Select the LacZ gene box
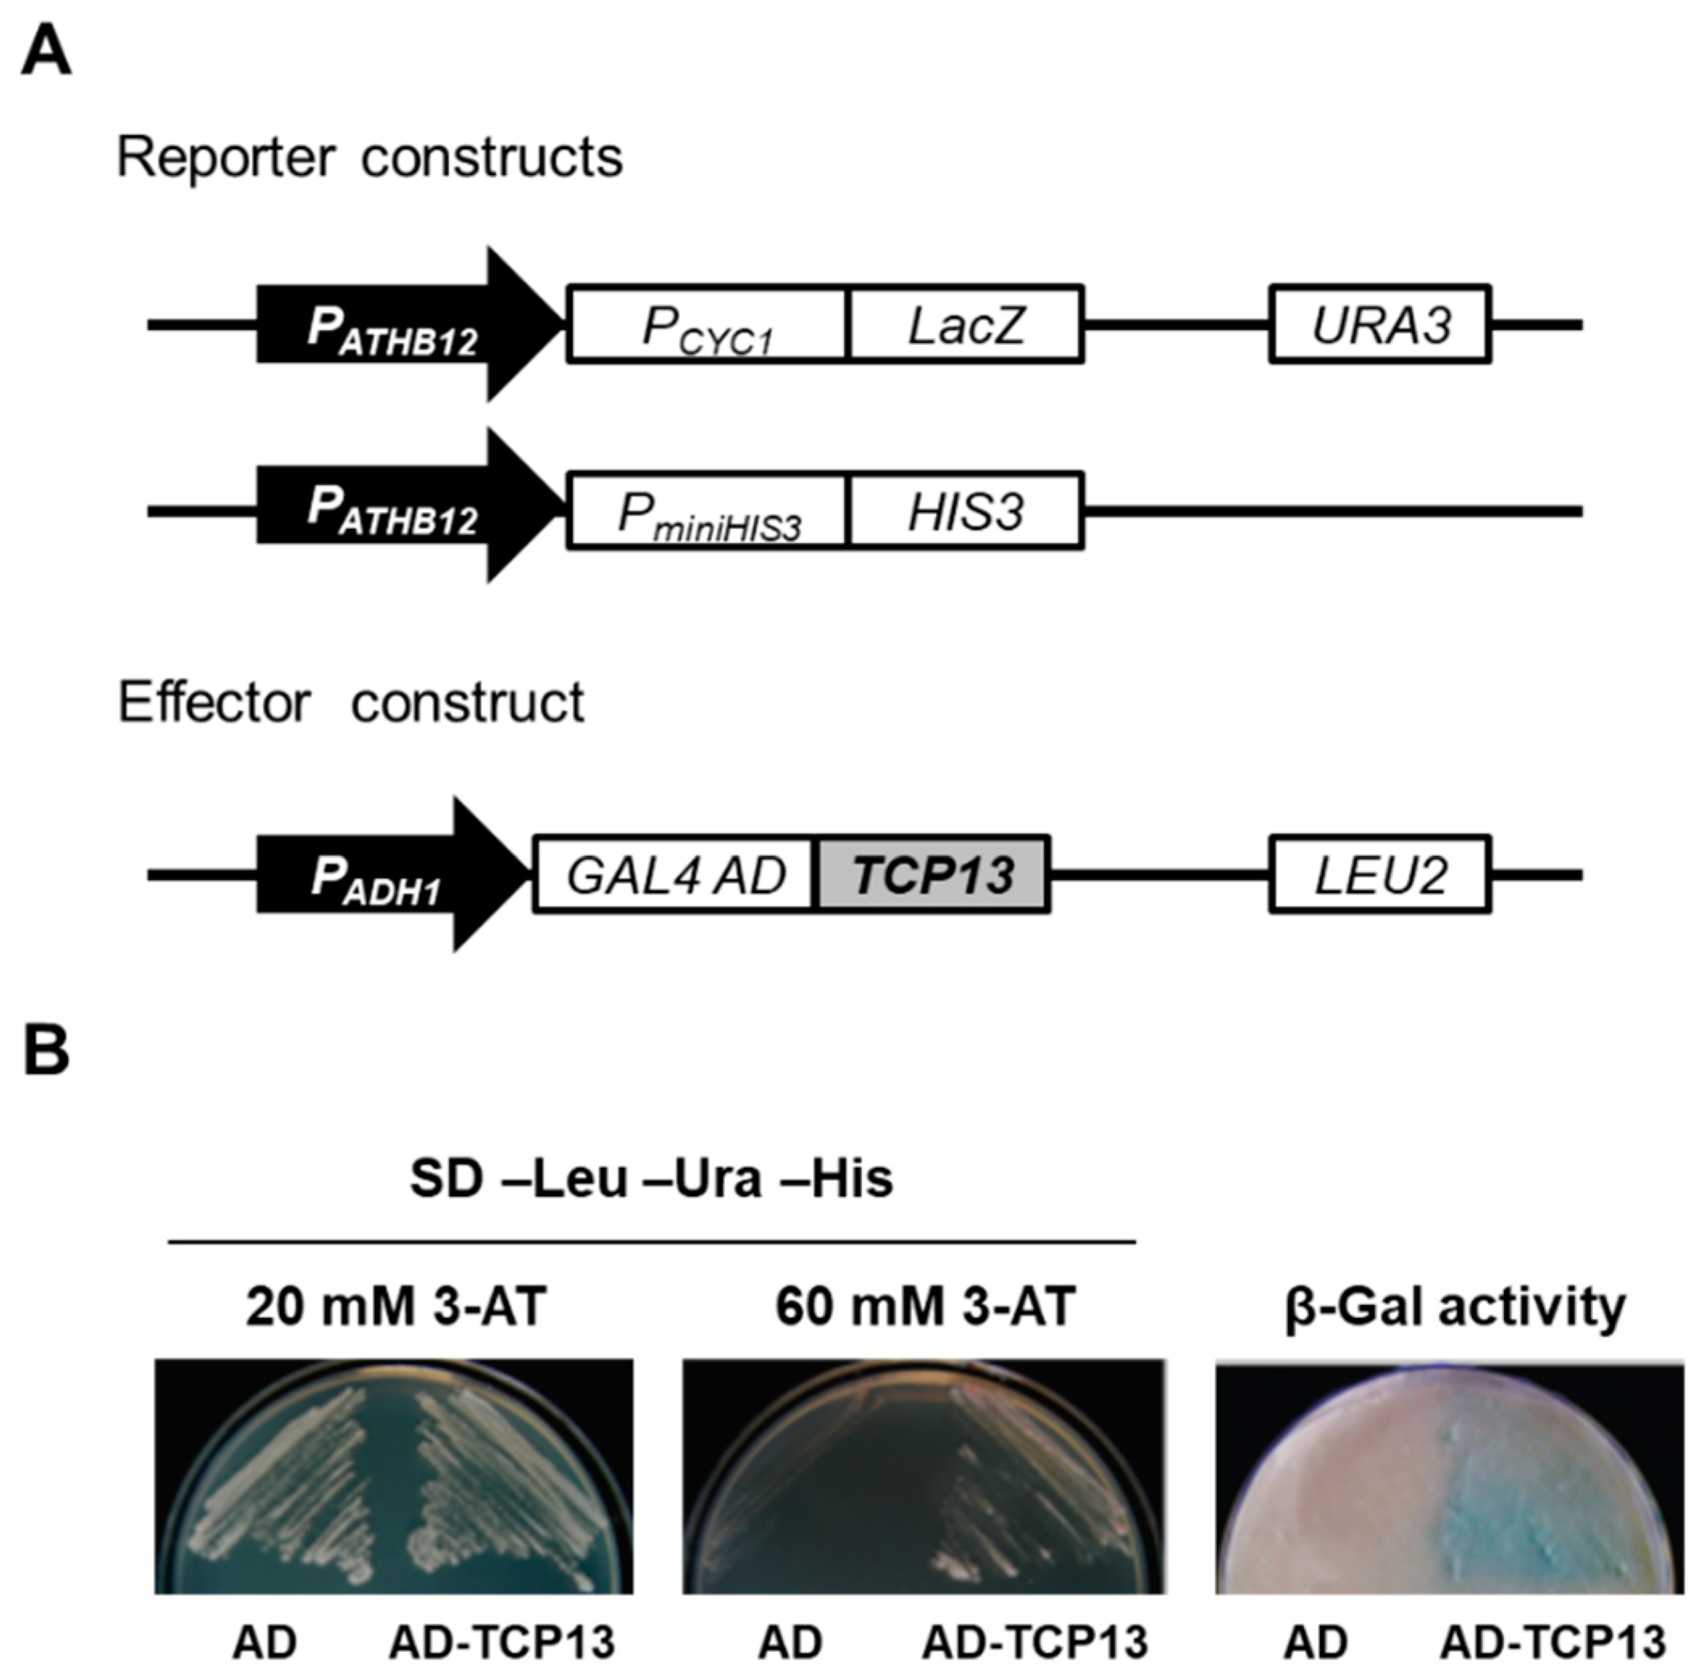(x=965, y=324)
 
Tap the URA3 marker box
(x=1379, y=324)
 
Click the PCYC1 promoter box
(x=706, y=324)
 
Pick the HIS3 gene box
(x=965, y=511)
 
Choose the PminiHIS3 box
(x=706, y=511)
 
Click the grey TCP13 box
(x=933, y=874)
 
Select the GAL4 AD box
(x=675, y=874)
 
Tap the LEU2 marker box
(x=1379, y=874)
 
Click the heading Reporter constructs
(x=369, y=158)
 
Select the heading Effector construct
(x=350, y=703)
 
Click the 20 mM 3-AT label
(x=396, y=1307)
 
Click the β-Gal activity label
(x=1454, y=1307)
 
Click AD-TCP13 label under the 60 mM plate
(x=1035, y=1641)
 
